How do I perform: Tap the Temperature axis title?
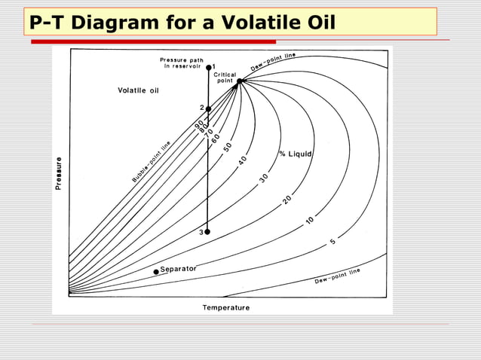[x=225, y=307]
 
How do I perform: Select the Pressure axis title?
[x=59, y=173]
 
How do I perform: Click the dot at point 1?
[x=209, y=66]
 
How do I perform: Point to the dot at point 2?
[x=208, y=108]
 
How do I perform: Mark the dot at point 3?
[x=207, y=232]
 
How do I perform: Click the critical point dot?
[x=239, y=81]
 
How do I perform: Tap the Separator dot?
[x=156, y=271]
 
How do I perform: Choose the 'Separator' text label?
[x=179, y=269]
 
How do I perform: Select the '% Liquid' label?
[x=296, y=154]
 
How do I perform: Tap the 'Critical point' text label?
[x=225, y=78]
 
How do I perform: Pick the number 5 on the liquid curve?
[x=332, y=242]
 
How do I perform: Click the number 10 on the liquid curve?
[x=310, y=221]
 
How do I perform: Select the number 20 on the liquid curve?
[x=287, y=201]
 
